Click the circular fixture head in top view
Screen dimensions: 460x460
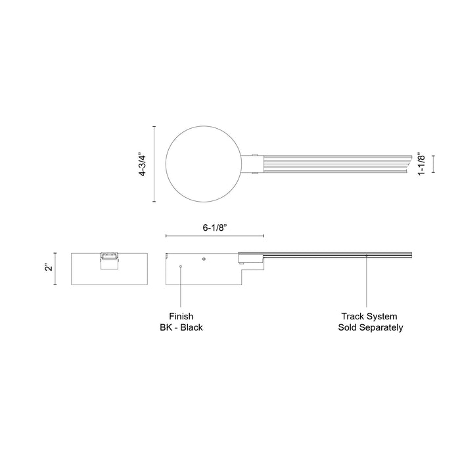point(204,164)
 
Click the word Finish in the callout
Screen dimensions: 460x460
point(180,316)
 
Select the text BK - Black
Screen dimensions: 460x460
point(180,327)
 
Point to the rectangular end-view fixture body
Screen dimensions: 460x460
point(108,276)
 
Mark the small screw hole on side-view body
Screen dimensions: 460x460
point(204,259)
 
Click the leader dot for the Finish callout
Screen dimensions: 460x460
point(181,266)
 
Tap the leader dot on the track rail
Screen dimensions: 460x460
point(367,256)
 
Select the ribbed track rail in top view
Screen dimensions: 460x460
point(335,164)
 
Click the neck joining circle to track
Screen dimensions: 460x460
point(252,164)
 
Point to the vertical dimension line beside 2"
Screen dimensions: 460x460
point(55,268)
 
